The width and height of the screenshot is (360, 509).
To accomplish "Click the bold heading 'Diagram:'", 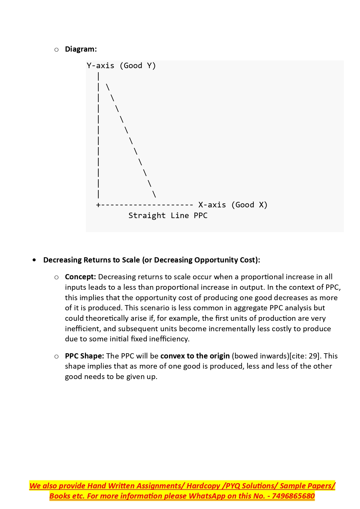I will (x=81, y=49).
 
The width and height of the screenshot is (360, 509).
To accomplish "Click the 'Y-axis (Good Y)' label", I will (x=121, y=66).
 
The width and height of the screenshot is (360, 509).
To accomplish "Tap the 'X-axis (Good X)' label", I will (x=233, y=205).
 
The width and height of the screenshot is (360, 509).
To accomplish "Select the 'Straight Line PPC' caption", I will (x=168, y=215).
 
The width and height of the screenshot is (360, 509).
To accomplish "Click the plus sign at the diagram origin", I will (x=98, y=205).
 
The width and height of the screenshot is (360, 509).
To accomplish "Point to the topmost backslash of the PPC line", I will (x=108, y=87).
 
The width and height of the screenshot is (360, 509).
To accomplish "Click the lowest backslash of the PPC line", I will (x=154, y=194).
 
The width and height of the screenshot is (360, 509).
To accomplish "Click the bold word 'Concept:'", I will (x=80, y=277).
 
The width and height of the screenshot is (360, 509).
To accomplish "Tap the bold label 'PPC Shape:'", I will (x=84, y=356).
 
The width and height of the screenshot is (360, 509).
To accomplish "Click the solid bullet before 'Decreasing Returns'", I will (x=35, y=260).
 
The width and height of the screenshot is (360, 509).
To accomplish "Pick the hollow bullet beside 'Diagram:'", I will (x=56, y=50).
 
